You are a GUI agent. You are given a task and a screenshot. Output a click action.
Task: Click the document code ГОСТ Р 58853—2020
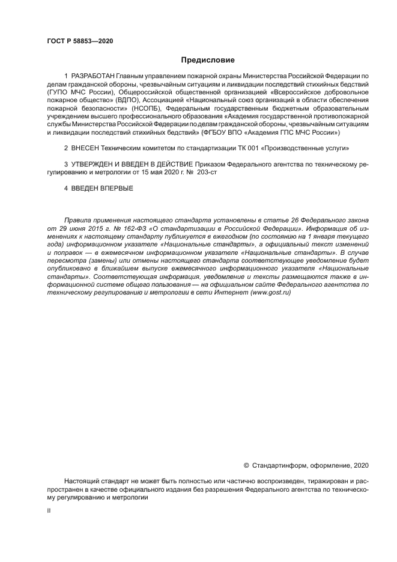(79, 41)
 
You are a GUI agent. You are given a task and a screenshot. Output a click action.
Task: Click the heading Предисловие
(208, 60)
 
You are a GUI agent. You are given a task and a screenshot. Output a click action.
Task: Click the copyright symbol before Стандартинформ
(246, 465)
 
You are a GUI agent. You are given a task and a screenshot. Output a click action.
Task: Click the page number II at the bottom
(49, 510)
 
